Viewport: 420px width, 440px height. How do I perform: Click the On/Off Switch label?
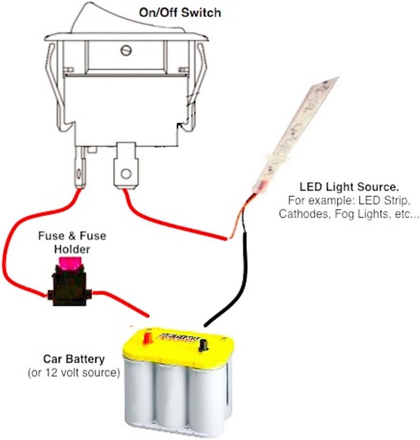point(180,12)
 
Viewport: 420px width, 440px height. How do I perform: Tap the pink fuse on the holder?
point(69,262)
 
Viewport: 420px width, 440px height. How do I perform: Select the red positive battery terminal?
point(147,336)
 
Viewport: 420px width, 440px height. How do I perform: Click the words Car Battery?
point(74,359)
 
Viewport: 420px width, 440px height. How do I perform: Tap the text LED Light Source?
point(349,187)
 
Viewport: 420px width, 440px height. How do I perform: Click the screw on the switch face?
point(126,50)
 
